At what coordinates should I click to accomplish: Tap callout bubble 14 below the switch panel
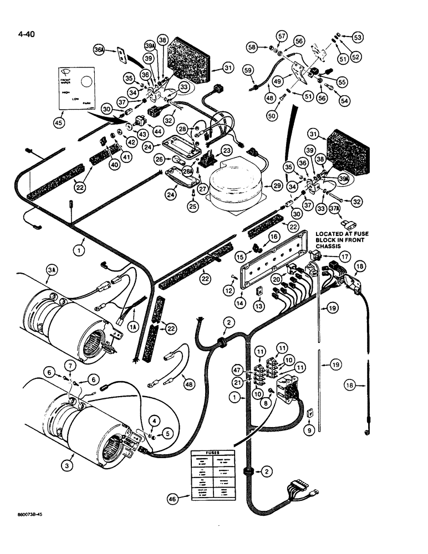[241, 304]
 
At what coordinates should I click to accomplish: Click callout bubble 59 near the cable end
[247, 70]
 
